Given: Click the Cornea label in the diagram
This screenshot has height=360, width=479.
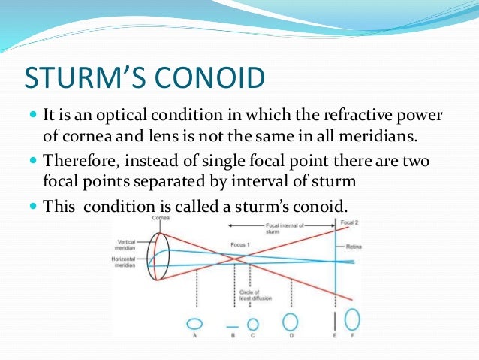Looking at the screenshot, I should (x=158, y=218).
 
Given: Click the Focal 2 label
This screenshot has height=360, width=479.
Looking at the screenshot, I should (x=347, y=222).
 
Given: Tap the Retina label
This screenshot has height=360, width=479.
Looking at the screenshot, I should (x=355, y=247).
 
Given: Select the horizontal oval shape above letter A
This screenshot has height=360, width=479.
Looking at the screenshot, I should (x=193, y=324).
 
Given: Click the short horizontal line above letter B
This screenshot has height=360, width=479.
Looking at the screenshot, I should (x=233, y=325).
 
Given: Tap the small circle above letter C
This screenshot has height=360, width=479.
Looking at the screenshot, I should (x=253, y=325).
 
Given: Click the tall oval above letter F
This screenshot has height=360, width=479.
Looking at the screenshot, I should (x=354, y=322).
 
